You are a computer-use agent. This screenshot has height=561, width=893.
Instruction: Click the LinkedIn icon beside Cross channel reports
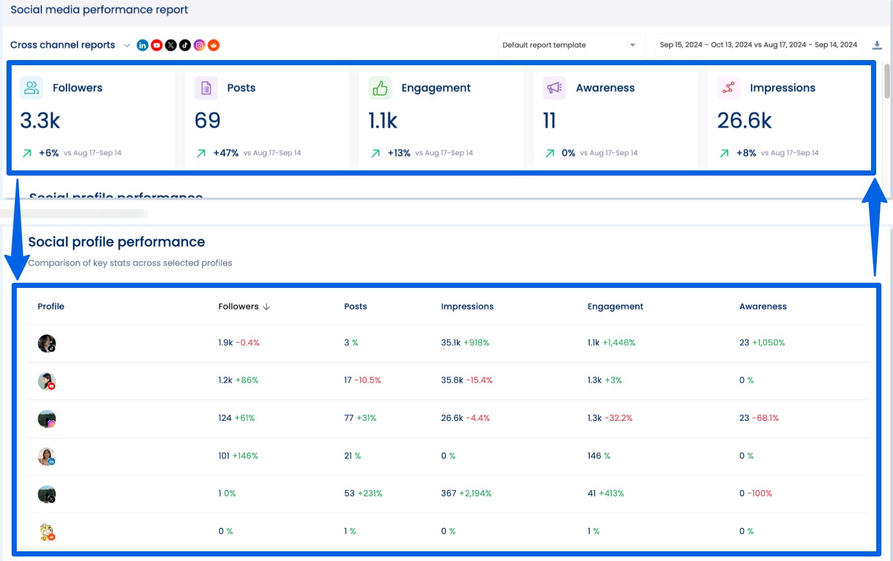point(142,45)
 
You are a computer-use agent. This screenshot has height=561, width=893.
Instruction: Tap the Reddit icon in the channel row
point(214,45)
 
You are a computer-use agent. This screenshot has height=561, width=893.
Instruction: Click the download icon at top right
point(877,45)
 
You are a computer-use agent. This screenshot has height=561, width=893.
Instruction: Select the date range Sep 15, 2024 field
point(758,45)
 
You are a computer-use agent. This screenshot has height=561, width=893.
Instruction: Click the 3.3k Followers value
point(40,121)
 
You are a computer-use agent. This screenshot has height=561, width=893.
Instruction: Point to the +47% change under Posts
point(226,153)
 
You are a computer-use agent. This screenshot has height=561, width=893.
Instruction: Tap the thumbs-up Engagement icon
point(380,88)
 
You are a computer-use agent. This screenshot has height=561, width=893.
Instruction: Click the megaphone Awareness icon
point(554,88)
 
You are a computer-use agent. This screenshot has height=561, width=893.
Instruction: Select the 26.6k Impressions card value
point(744,121)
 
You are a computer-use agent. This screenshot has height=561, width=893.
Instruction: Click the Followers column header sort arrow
point(267,307)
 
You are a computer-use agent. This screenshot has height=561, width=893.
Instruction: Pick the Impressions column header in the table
point(467,307)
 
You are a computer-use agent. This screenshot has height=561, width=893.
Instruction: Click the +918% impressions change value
point(476,343)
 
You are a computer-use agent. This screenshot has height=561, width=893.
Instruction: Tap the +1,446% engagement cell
point(618,343)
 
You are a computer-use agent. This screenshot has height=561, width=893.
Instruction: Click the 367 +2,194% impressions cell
point(466,494)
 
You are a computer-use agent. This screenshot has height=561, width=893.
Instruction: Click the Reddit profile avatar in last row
point(47,532)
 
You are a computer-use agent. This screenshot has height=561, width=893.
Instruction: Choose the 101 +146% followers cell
point(238,456)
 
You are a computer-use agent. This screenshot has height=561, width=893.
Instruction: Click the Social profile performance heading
point(116,242)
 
